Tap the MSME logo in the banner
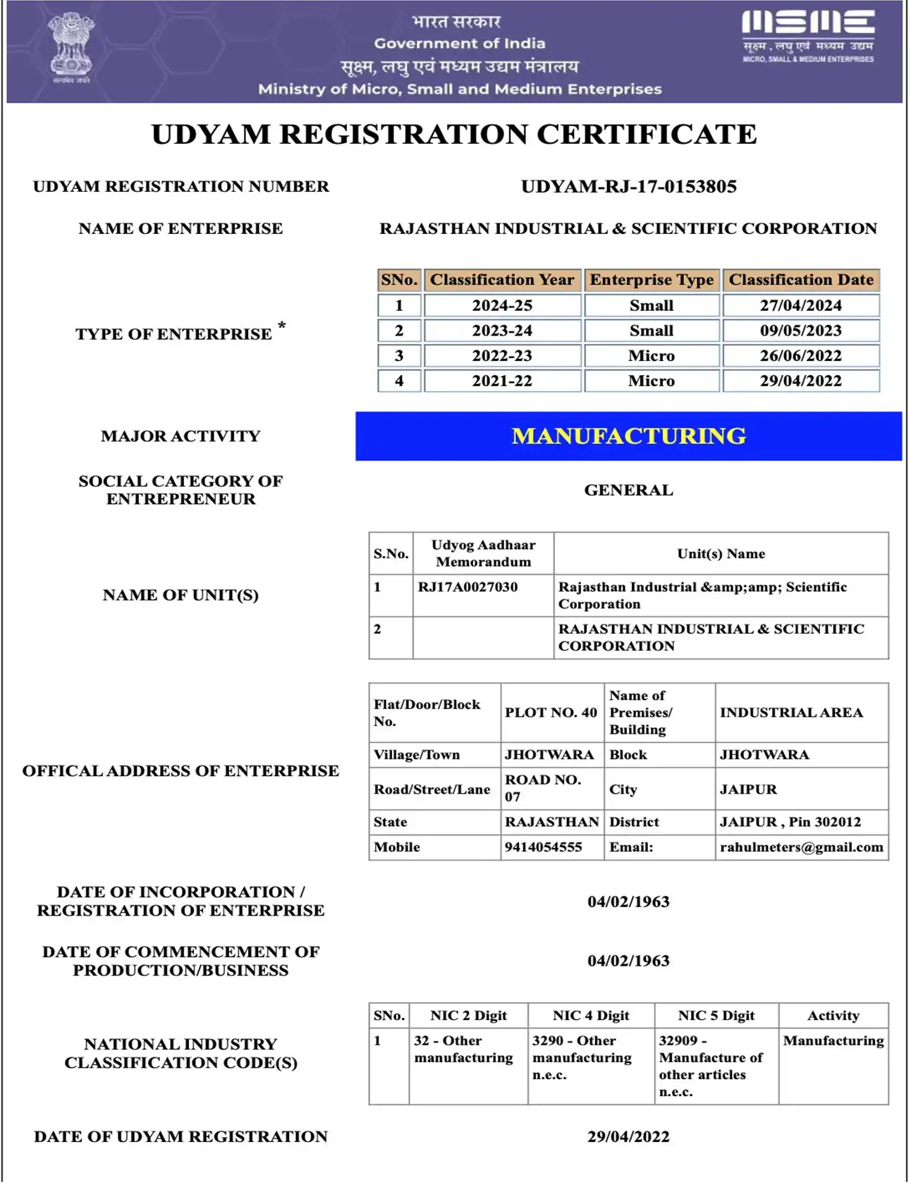pyautogui.click(x=808, y=36)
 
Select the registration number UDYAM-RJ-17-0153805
pyautogui.click(x=628, y=187)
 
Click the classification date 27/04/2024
pyautogui.click(x=800, y=306)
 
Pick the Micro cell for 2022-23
pyautogui.click(x=651, y=356)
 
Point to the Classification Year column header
pyautogui.click(x=502, y=280)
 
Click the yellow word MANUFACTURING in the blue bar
pyautogui.click(x=628, y=436)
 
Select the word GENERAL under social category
pyautogui.click(x=628, y=491)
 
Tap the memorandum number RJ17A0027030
pyautogui.click(x=467, y=587)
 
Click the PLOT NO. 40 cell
pyautogui.click(x=551, y=713)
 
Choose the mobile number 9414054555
pyautogui.click(x=543, y=847)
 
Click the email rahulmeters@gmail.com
pyautogui.click(x=801, y=847)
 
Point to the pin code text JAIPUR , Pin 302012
pyautogui.click(x=790, y=822)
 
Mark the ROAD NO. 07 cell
pyautogui.click(x=543, y=788)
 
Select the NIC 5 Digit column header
pyautogui.click(x=716, y=1016)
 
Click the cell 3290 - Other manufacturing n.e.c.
pyautogui.click(x=582, y=1057)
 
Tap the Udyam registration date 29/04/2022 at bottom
pyautogui.click(x=628, y=1137)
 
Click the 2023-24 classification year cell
pyautogui.click(x=502, y=331)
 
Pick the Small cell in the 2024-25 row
pyautogui.click(x=651, y=306)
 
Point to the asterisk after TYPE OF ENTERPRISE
pyautogui.click(x=282, y=326)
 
